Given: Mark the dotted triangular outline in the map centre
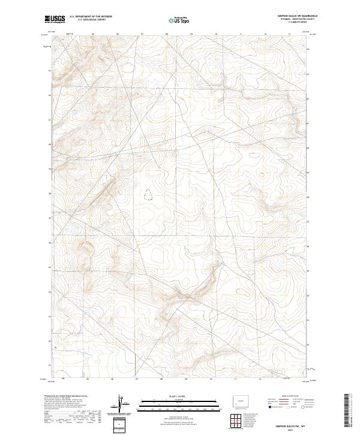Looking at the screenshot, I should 148,194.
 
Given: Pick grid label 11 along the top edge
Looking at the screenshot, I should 240,34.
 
